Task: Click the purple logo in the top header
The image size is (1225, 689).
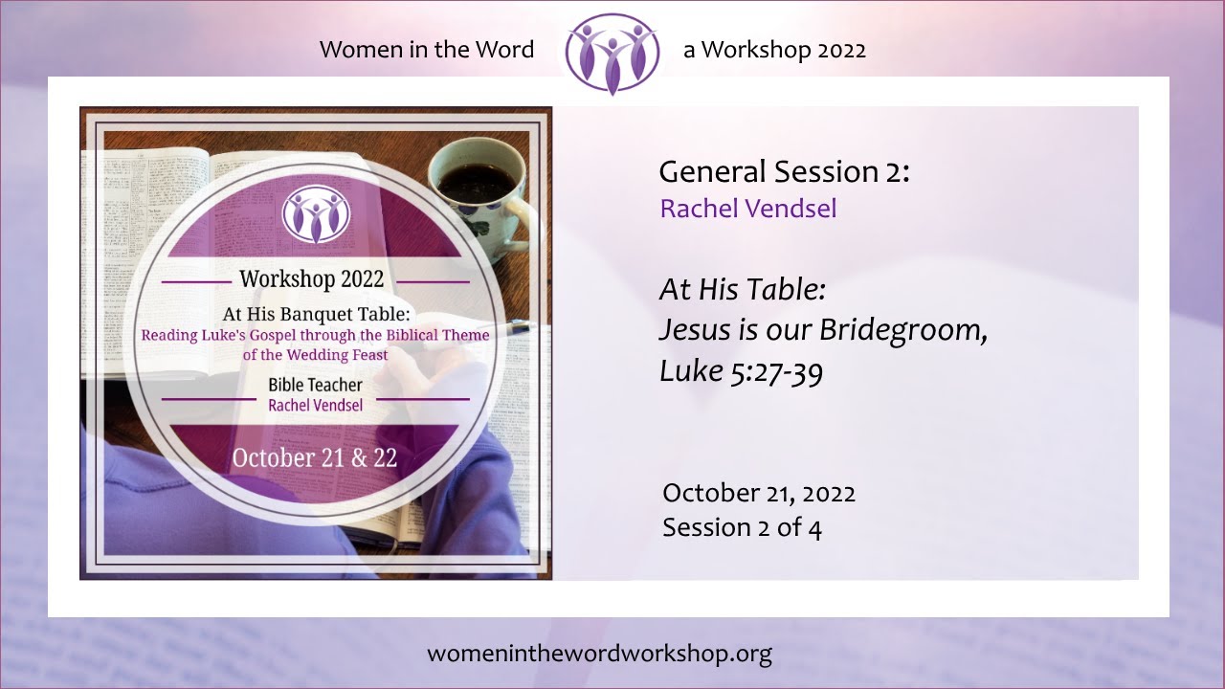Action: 612,53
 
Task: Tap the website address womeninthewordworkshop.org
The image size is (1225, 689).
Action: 599,654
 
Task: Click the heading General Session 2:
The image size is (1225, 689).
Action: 784,172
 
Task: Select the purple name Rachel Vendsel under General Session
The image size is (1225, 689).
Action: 747,209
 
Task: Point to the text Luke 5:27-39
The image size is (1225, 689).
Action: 741,371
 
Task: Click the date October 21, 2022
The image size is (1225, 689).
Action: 758,493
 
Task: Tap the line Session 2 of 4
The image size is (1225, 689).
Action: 742,527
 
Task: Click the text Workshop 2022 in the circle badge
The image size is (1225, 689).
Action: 312,279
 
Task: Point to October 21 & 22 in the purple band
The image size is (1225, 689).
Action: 315,457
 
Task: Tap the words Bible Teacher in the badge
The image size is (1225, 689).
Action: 315,386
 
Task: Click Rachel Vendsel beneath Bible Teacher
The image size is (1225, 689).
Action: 315,405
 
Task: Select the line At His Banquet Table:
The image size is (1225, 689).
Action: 316,314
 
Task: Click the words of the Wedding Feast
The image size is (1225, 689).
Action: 315,354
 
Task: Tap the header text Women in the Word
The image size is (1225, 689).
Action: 427,50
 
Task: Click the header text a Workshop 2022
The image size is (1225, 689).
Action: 774,50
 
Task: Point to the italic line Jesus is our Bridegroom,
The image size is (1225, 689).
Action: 823,330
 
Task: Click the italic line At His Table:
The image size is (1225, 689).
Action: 742,289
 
